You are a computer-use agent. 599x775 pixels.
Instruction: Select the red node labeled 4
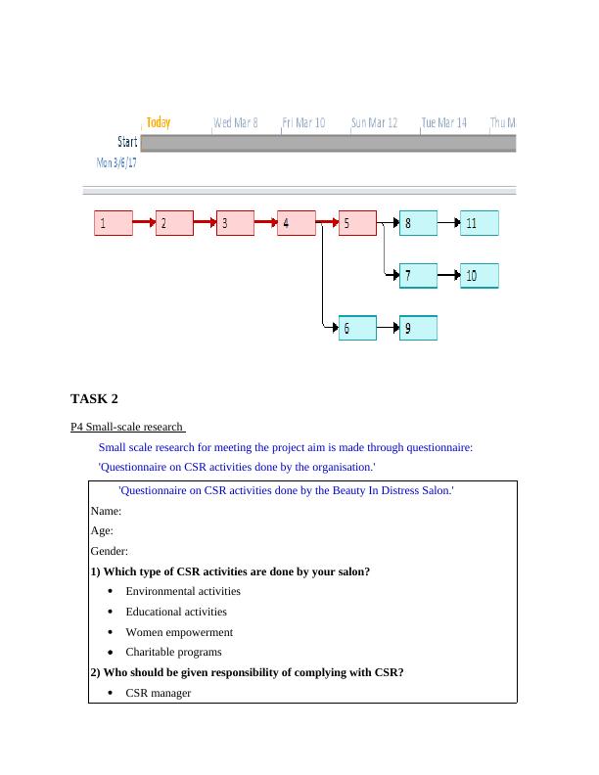(296, 223)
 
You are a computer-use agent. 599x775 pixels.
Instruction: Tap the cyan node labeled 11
(480, 223)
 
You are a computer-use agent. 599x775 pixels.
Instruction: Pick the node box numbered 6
(357, 329)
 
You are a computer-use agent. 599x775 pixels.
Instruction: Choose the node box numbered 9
(418, 329)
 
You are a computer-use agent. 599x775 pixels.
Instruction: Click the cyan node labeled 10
(480, 276)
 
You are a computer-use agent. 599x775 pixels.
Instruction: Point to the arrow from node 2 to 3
(205, 223)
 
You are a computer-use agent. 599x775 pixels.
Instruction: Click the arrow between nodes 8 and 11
(449, 223)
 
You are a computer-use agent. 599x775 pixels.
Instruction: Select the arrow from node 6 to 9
(388, 329)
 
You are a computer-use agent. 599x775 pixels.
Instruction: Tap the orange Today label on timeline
(158, 122)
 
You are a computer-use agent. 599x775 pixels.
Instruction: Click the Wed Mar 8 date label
(236, 123)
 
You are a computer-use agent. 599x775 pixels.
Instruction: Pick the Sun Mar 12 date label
(374, 123)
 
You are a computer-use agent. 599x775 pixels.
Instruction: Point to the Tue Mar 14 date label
(444, 123)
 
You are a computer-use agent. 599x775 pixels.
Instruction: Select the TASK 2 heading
(94, 398)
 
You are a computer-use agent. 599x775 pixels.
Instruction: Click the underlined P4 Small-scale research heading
(128, 427)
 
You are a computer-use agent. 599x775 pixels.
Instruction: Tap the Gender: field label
(109, 551)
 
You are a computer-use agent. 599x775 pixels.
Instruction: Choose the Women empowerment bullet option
(179, 632)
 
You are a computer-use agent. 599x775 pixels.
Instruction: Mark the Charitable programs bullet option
(173, 652)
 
